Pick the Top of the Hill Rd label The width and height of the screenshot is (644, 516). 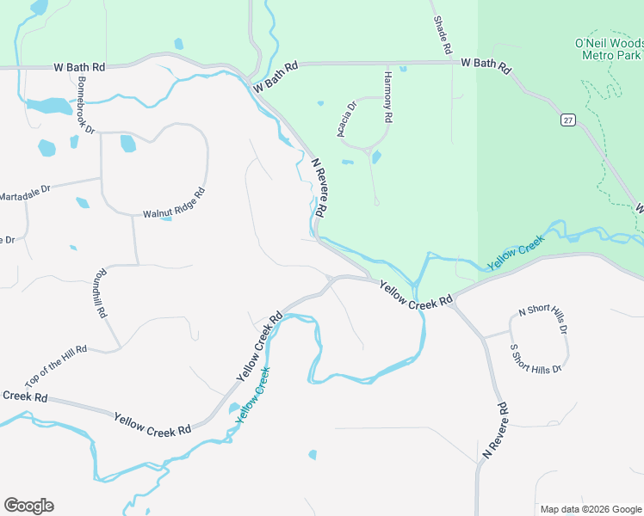(56, 366)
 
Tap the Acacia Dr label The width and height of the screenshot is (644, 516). (346, 120)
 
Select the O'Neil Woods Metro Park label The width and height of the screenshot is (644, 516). (609, 49)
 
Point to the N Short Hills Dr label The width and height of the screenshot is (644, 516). (542, 319)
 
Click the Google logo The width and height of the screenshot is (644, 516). (28, 506)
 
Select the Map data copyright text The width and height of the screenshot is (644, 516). (591, 509)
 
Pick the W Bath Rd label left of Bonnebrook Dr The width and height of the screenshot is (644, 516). (79, 65)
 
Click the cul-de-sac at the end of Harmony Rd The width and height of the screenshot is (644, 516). (377, 202)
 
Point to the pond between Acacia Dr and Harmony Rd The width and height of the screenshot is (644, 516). (376, 157)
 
